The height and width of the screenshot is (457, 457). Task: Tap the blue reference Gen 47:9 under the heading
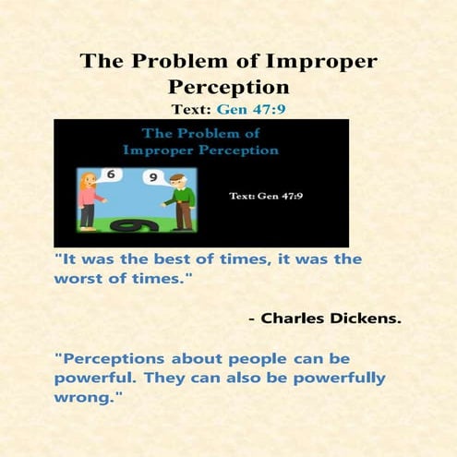pos(253,108)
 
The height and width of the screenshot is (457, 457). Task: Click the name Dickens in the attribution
pos(368,319)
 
